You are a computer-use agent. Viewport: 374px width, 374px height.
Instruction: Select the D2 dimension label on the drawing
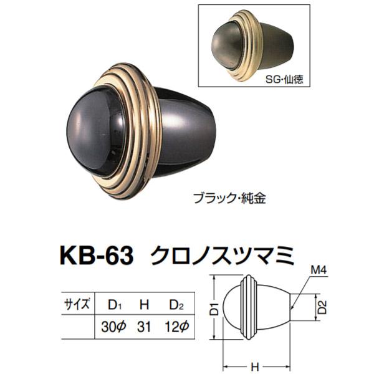point(322,307)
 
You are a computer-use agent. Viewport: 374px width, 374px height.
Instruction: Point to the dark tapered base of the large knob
point(193,134)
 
